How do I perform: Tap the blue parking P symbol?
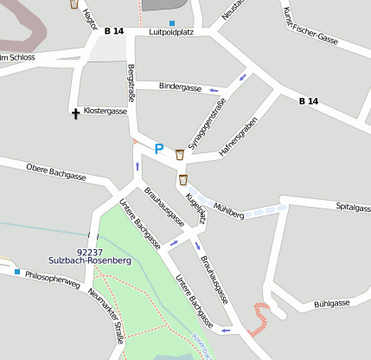pyautogui.click(x=158, y=149)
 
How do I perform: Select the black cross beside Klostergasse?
pyautogui.click(x=75, y=112)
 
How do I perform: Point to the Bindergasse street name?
pyautogui.click(x=181, y=87)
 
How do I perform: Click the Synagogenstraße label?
pyautogui.click(x=207, y=125)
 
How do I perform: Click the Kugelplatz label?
pyautogui.click(x=195, y=209)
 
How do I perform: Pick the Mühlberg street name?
pyautogui.click(x=228, y=209)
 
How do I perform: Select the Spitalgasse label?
pyautogui.click(x=353, y=208)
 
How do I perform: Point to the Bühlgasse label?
pyautogui.click(x=332, y=303)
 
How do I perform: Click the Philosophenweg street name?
pyautogui.click(x=53, y=280)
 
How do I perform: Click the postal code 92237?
pyautogui.click(x=91, y=252)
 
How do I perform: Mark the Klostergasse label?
pyautogui.click(x=106, y=111)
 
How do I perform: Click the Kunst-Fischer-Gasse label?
pyautogui.click(x=310, y=25)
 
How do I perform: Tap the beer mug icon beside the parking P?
pyautogui.click(x=180, y=154)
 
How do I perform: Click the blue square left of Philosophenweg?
pyautogui.click(x=16, y=271)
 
